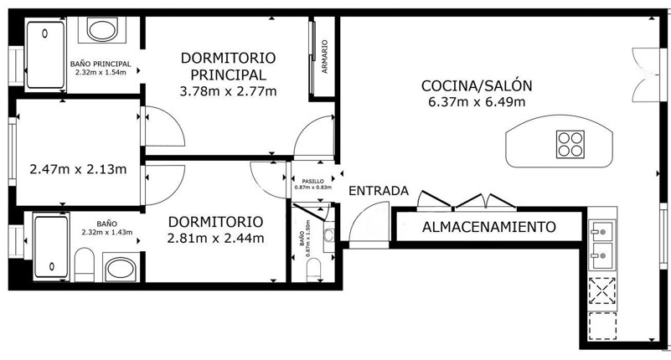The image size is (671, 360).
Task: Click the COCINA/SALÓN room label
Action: [477, 86]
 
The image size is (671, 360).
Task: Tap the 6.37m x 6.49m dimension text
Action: [477, 102]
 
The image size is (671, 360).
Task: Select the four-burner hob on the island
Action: [570, 144]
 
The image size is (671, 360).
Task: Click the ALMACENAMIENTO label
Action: [489, 227]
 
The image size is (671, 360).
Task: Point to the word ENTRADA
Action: [379, 191]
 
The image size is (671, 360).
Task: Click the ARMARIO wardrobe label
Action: [325, 56]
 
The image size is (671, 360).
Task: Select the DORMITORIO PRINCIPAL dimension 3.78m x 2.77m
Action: [228, 91]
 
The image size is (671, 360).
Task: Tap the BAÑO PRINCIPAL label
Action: [101, 64]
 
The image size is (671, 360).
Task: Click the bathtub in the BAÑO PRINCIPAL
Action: [45, 54]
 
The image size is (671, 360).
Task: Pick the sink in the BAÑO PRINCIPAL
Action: [102, 30]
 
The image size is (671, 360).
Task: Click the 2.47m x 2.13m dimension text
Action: [78, 169]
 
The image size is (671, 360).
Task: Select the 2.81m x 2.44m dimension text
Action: [215, 238]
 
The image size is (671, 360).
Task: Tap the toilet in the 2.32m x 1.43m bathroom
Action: [85, 265]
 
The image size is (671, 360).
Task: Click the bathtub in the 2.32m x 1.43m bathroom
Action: [51, 248]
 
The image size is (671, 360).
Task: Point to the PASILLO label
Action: [312, 182]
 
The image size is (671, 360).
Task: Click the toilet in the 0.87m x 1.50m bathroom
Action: [313, 270]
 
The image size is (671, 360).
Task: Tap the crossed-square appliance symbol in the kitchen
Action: [602, 291]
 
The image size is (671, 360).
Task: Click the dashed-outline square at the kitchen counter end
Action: [602, 327]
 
